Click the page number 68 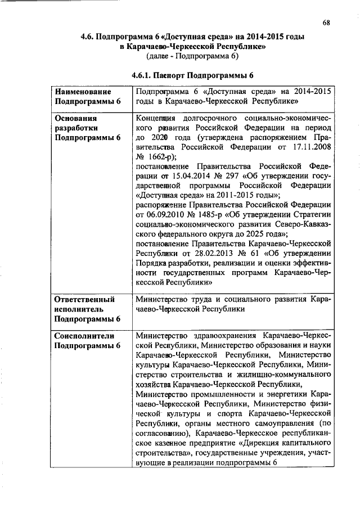[326, 22]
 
